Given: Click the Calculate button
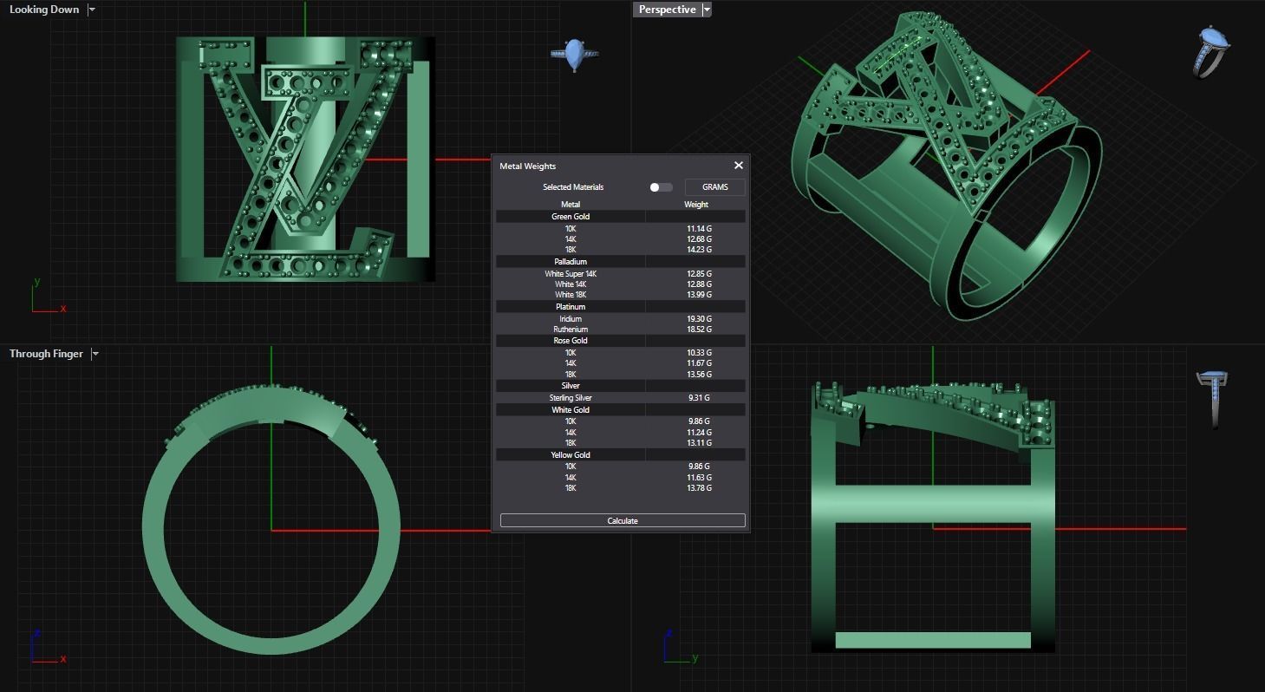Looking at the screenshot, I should pos(622,520).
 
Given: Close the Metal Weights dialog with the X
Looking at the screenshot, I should pos(738,166).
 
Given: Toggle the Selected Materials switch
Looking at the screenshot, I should pos(660,187).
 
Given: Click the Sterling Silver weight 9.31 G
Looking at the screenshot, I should pos(699,398).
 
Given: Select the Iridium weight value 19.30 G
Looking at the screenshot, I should pos(699,319).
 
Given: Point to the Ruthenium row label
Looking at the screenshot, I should pos(571,330).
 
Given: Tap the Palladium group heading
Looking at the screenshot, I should pos(571,262).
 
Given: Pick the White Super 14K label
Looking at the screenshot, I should pos(571,274).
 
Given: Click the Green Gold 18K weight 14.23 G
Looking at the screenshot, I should pos(699,250).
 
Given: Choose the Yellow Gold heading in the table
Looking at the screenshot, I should pos(571,455).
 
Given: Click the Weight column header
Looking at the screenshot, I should pos(695,205).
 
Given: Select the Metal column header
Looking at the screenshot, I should pos(571,205).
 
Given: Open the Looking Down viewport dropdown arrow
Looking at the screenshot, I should pos(92,10).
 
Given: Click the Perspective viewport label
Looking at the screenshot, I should pos(667,10).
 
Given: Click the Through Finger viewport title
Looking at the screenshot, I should pos(46,354).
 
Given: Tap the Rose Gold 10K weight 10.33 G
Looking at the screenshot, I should pos(699,353).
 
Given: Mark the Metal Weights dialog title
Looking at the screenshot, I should pos(527,166).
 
